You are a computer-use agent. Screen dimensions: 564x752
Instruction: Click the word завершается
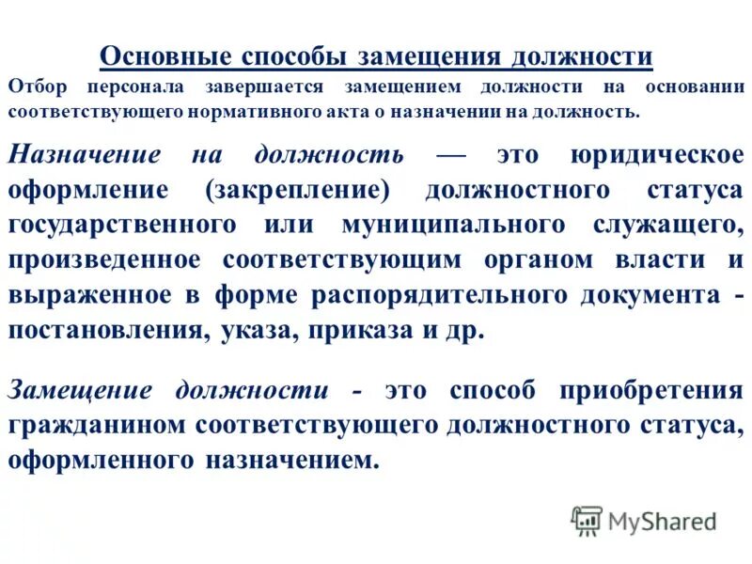pos(261,86)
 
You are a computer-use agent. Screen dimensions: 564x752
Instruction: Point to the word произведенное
pos(103,260)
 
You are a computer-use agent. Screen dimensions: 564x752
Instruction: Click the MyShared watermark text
pos(662,520)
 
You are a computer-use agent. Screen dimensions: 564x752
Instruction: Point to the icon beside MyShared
pos(587,520)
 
